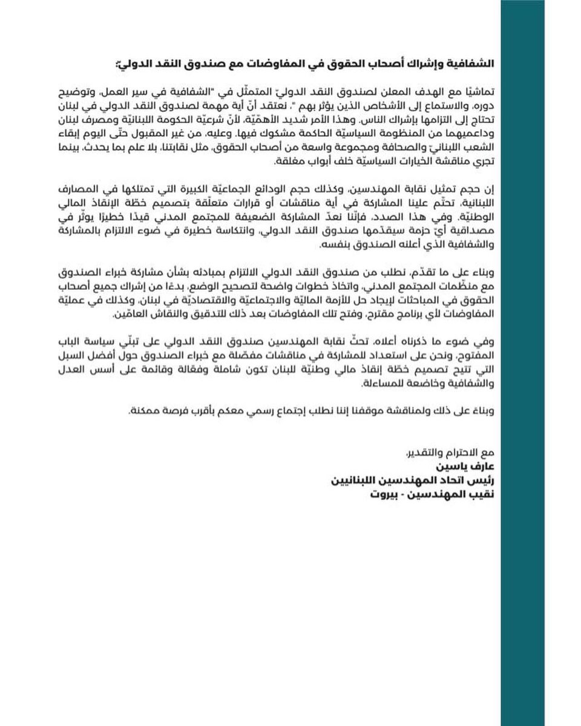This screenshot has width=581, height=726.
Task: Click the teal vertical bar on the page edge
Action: click(540, 363)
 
